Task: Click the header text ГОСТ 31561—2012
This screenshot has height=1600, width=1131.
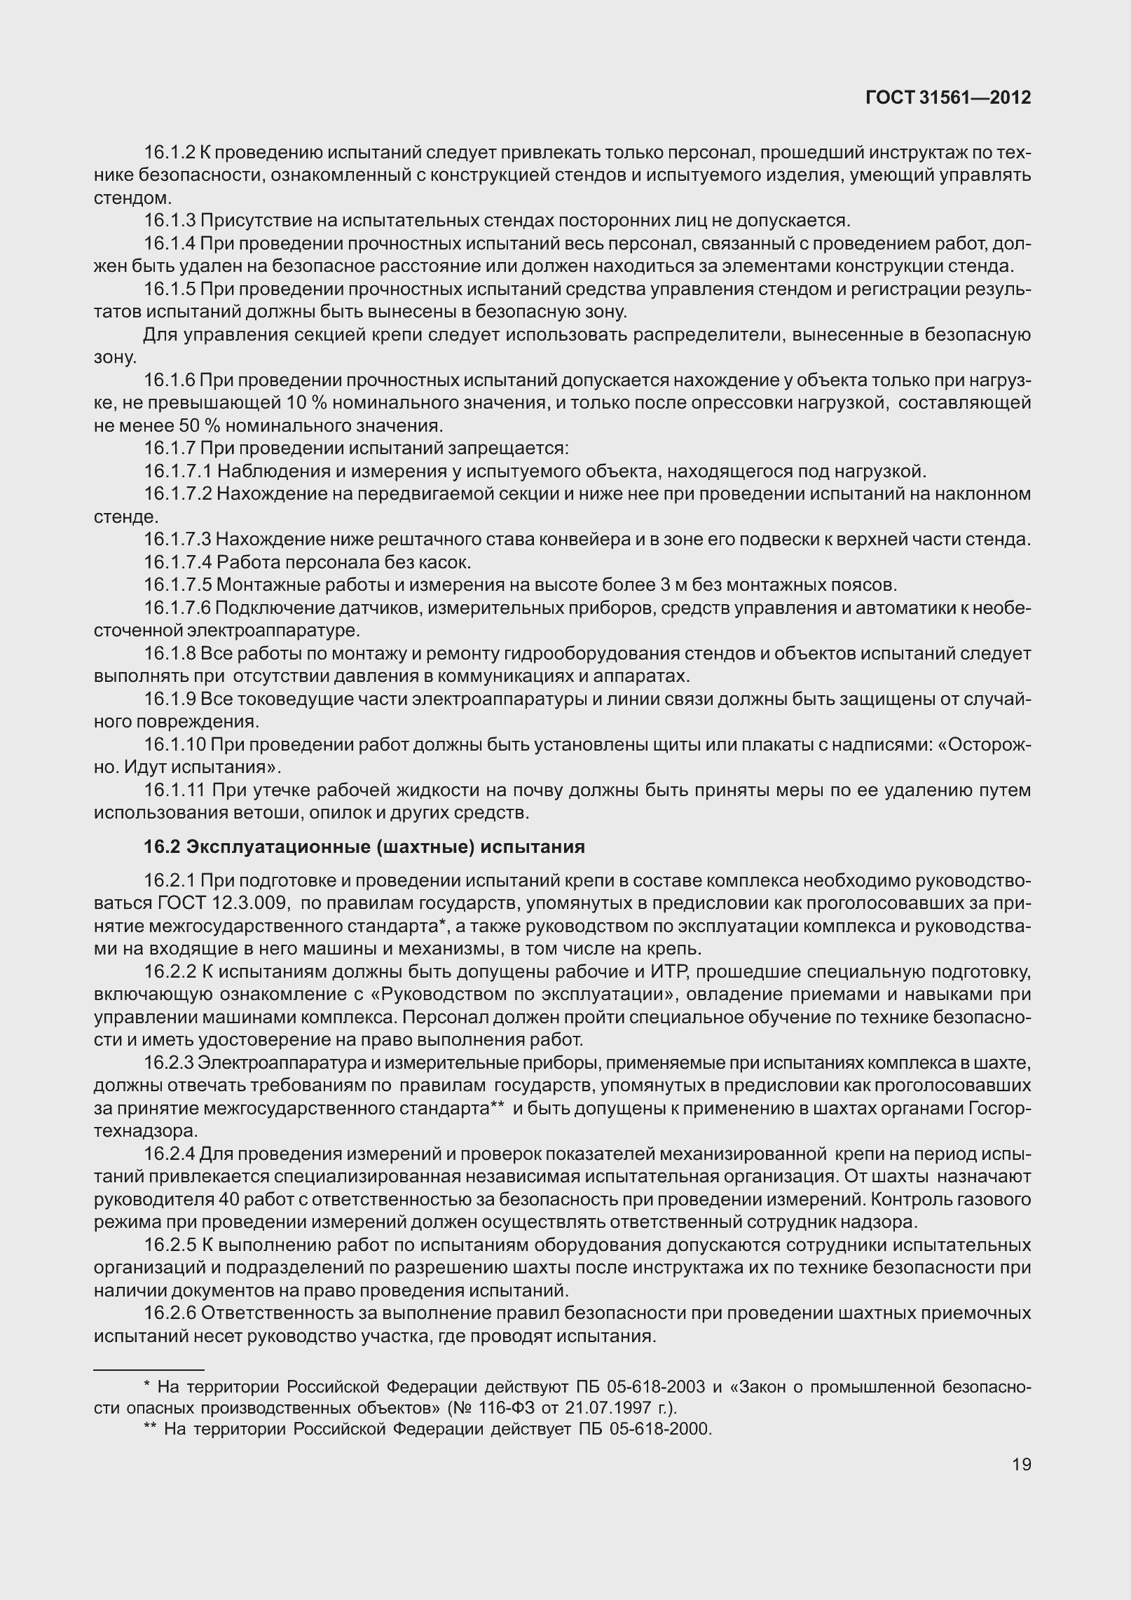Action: (x=948, y=97)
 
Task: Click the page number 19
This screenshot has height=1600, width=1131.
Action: (x=1021, y=1464)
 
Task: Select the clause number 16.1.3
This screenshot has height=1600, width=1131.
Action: (x=169, y=221)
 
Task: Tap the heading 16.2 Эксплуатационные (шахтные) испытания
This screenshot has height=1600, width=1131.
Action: (x=364, y=847)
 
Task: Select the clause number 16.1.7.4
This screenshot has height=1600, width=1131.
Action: (x=178, y=562)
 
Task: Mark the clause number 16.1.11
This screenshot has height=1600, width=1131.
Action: (x=174, y=791)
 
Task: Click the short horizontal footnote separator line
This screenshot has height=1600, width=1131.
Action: (x=149, y=1369)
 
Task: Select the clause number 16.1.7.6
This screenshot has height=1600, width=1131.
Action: (x=178, y=608)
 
